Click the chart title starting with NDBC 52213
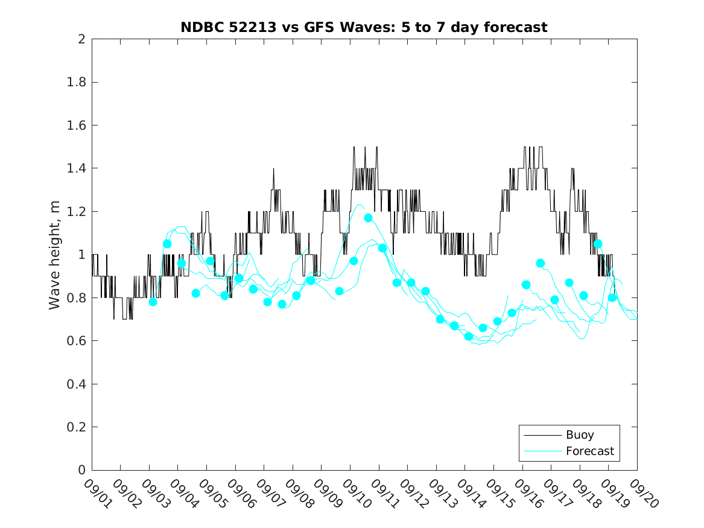pyautogui.click(x=364, y=28)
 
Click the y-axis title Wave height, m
pyautogui.click(x=55, y=254)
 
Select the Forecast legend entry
pyautogui.click(x=589, y=451)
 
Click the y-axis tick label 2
pyautogui.click(x=81, y=39)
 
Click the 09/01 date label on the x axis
pyautogui.click(x=97, y=493)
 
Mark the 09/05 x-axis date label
pyautogui.click(x=211, y=493)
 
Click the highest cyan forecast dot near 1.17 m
pyautogui.click(x=368, y=218)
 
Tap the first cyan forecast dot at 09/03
pyautogui.click(x=153, y=302)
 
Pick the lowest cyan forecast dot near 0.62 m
pyautogui.click(x=469, y=336)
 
